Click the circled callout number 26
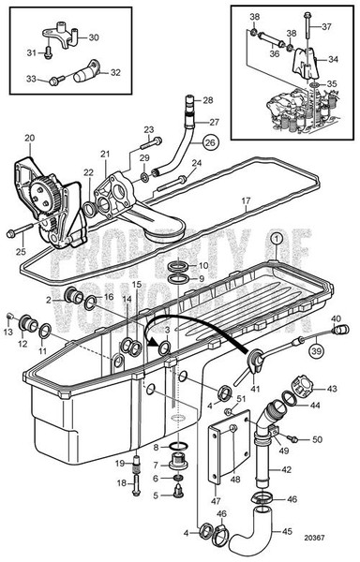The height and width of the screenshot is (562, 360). coord(209,143)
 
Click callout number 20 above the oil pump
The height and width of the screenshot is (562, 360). coord(29,139)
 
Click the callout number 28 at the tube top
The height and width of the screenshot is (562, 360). coord(207,98)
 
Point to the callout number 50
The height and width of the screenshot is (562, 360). coord(316,439)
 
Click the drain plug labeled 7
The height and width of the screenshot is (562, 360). coord(172,464)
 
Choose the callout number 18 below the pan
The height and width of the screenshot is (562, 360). coord(120,482)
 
